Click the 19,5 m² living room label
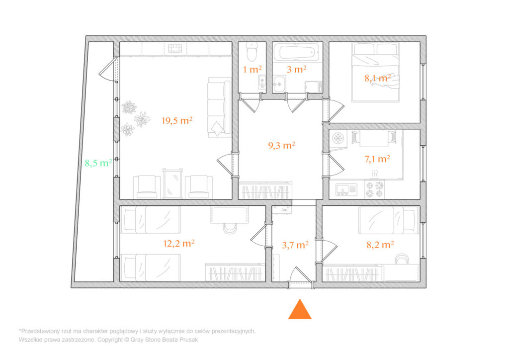177,121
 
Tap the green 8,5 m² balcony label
98,163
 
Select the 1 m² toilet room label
252,69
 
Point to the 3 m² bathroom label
297,69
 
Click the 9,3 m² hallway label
281,145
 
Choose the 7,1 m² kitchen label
377,159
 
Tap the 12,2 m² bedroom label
179,243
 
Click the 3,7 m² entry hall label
295,245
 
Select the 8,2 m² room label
380,245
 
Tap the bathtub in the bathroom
296,52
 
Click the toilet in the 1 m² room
252,52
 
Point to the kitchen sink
346,189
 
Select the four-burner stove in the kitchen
375,189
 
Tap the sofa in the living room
219,107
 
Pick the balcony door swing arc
104,71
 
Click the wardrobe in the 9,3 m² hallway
265,190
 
